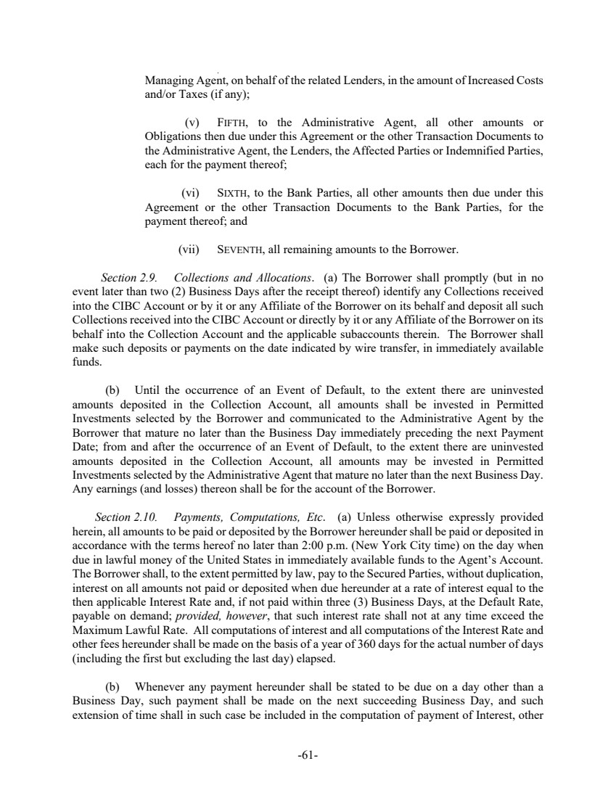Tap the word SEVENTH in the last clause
(x=241, y=250)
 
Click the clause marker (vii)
(x=189, y=250)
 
